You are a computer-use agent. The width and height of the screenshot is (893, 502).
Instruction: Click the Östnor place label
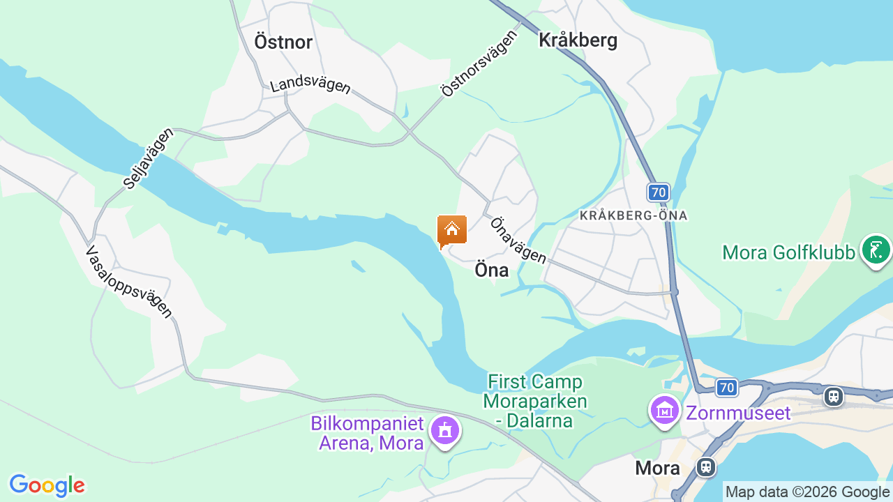pos(283,42)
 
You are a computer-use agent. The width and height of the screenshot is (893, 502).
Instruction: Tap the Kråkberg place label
pos(578,40)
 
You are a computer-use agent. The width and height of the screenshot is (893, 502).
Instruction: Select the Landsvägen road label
pos(310,84)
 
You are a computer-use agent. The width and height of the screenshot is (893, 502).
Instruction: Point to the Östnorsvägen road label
pos(479,63)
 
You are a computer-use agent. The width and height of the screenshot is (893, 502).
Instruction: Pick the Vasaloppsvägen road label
pos(129,281)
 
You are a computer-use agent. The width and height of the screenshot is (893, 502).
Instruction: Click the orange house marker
pos(451,230)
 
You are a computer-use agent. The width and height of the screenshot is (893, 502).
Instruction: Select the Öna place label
pos(491,270)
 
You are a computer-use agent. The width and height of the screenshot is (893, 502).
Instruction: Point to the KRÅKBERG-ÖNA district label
pos(633,216)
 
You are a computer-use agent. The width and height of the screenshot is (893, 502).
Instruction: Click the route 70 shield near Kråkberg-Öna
pos(658,192)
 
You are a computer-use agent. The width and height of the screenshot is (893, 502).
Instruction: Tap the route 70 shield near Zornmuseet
pos(726,387)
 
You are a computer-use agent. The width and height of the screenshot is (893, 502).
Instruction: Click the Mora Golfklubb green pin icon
pos(876,250)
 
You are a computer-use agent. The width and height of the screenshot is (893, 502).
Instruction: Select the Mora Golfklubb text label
pos(788,252)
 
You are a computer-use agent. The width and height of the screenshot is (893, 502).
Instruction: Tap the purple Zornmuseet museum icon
pos(665,411)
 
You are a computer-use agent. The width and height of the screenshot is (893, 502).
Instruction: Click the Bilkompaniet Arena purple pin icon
pos(445,429)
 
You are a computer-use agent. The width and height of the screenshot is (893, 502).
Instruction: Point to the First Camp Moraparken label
pos(536,401)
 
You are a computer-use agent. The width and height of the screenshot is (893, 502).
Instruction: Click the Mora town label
pos(657,468)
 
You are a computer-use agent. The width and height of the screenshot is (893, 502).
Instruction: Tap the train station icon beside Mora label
pos(706,466)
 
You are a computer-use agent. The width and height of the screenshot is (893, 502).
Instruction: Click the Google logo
pos(47,485)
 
